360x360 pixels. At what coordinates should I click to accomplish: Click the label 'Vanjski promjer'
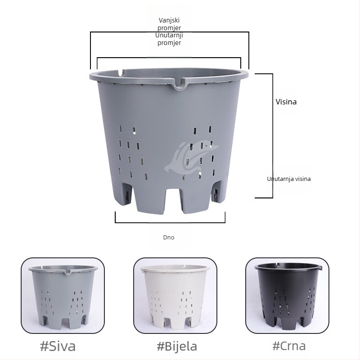pos(169,24)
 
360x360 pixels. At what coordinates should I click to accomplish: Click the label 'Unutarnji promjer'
pos(169,39)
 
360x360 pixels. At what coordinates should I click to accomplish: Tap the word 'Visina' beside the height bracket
pos(286,102)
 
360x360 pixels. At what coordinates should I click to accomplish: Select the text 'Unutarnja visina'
pos(289,179)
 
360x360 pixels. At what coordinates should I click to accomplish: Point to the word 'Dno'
pos(169,238)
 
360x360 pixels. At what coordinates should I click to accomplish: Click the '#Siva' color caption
pos(58,346)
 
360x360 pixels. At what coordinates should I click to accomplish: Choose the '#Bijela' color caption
pos(177,346)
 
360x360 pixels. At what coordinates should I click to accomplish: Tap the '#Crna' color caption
pos(289,346)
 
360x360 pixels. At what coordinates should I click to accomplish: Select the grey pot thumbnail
pos(63,296)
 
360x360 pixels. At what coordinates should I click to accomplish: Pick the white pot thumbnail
pos(175,296)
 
